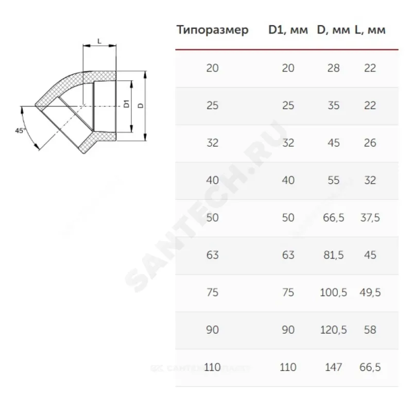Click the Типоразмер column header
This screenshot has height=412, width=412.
pyautogui.click(x=212, y=30)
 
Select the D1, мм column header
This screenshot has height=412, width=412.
pyautogui.click(x=288, y=30)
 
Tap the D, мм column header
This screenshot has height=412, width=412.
pyautogui.click(x=333, y=30)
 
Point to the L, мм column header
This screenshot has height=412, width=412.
pyautogui.click(x=370, y=30)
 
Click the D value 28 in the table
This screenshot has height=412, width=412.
pyautogui.click(x=333, y=68)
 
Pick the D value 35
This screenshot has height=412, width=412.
pyautogui.click(x=333, y=106)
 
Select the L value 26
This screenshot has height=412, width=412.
pyautogui.click(x=370, y=143)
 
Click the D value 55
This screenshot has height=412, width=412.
pyautogui.click(x=333, y=180)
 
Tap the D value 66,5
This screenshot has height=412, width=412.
pyautogui.click(x=333, y=217)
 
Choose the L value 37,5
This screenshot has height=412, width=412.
pyautogui.click(x=370, y=217)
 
